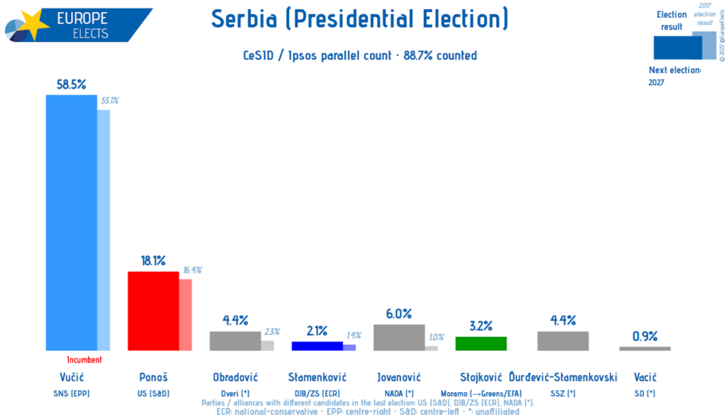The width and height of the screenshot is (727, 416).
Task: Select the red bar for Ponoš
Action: point(153,311)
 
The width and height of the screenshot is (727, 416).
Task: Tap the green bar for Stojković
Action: point(481,344)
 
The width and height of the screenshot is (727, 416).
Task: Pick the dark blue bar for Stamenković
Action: point(317,346)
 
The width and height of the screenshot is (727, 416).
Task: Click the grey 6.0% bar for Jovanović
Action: point(399,337)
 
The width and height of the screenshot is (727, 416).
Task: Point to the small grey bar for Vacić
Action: point(645,349)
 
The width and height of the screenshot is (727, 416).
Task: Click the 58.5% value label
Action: point(71,84)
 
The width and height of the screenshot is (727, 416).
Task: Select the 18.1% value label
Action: point(153,261)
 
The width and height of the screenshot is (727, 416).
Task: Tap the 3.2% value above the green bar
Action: point(481,326)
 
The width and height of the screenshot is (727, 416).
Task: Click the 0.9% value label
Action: point(645,336)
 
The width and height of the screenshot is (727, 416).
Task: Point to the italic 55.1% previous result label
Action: point(109,101)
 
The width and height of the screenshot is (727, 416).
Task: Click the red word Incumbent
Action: point(84,360)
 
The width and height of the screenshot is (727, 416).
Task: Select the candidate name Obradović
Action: point(235,377)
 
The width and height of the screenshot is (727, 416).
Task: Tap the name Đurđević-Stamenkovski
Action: point(563,377)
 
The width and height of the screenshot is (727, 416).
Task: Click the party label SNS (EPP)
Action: point(71,393)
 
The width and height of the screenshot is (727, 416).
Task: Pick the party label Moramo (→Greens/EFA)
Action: point(481,393)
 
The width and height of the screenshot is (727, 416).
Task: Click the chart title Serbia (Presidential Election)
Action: point(360,19)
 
